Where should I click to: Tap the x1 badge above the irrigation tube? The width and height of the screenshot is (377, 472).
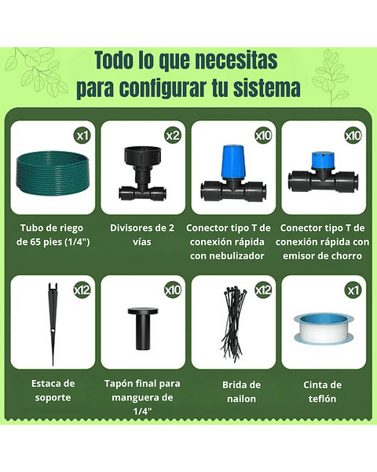(82, 135)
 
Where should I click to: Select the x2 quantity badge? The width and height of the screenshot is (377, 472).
(173, 135)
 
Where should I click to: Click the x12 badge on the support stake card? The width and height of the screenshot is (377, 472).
(82, 290)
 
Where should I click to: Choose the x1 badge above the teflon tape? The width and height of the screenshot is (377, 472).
(353, 290)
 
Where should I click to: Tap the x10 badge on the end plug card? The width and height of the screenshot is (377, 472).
(173, 290)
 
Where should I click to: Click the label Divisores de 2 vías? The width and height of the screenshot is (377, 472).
(143, 235)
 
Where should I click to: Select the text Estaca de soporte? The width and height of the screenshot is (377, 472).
(53, 390)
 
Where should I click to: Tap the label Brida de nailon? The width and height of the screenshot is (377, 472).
(233, 391)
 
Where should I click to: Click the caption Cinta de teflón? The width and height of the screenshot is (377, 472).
(323, 391)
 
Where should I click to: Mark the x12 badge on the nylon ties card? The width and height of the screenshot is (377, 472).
(263, 290)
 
